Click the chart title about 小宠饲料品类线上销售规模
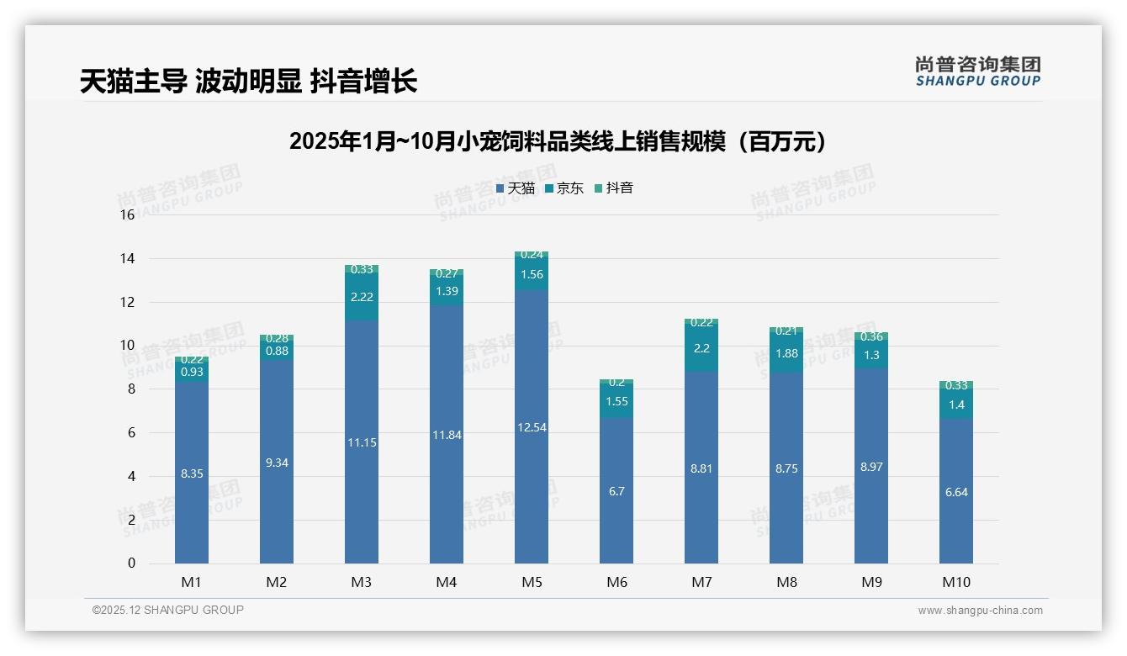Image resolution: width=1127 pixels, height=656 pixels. [x=558, y=141]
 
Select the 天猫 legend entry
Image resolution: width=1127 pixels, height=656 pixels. [x=516, y=188]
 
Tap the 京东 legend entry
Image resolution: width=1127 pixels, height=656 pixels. [x=564, y=188]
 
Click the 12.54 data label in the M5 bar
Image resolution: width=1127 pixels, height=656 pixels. [x=532, y=427]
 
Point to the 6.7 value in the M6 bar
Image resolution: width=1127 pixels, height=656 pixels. [x=616, y=491]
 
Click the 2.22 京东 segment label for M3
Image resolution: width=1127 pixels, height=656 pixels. [x=362, y=297]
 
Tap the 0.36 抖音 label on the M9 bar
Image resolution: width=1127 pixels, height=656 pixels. [x=871, y=336]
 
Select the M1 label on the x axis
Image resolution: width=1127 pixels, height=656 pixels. [x=191, y=582]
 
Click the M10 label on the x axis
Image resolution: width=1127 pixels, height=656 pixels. [x=955, y=582]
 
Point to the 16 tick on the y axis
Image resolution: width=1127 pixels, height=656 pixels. [x=127, y=215]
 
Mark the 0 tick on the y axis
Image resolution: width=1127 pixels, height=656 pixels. [x=131, y=563]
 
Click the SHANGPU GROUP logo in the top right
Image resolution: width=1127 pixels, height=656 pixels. [x=977, y=71]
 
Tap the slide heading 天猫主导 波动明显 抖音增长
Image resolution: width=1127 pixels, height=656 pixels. [x=248, y=82]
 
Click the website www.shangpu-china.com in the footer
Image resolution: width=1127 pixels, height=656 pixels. [x=980, y=611]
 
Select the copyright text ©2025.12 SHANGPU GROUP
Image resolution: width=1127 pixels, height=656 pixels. [x=167, y=610]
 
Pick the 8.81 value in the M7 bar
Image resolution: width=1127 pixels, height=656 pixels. [x=701, y=468]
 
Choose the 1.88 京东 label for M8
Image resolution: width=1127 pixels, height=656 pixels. [x=786, y=353]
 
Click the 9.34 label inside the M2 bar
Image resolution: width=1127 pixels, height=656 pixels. [x=277, y=463]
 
